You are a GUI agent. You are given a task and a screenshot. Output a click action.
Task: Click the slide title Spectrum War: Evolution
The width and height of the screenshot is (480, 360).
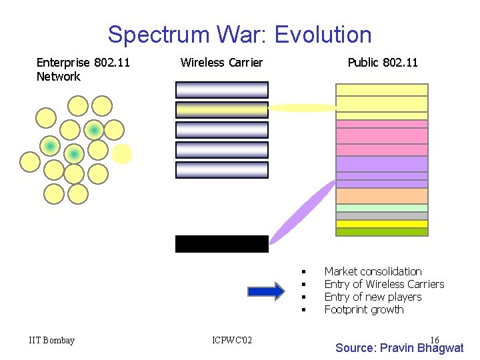point(239,34)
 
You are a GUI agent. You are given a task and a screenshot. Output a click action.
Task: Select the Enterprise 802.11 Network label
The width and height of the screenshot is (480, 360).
point(83,69)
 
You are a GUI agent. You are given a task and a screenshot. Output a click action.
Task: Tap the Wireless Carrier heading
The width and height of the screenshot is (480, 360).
point(221,63)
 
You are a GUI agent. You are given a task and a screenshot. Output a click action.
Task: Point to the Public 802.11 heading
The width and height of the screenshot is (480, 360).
point(383,63)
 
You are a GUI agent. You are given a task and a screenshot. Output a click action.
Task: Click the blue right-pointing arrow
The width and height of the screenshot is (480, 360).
point(265,291)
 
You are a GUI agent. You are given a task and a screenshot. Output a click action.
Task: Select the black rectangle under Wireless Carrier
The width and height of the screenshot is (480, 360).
point(221,244)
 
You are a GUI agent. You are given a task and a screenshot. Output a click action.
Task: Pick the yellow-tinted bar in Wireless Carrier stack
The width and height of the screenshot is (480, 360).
point(221,110)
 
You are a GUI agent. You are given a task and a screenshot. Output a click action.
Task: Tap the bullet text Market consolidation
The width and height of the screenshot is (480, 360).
point(373,271)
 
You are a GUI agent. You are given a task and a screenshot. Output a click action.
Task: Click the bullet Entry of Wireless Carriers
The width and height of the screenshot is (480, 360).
point(384,284)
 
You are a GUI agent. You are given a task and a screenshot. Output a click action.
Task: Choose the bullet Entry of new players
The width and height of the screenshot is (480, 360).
point(373,297)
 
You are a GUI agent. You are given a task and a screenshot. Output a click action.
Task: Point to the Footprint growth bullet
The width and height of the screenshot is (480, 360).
point(364,309)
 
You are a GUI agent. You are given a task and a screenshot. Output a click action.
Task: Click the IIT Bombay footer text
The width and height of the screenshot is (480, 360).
point(52,341)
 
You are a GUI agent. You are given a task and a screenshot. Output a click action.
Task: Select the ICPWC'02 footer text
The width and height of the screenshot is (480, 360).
point(232,341)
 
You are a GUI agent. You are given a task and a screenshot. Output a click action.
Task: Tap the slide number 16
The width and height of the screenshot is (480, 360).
point(435,340)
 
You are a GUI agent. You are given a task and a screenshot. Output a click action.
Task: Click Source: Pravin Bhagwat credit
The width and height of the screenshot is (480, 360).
point(399,348)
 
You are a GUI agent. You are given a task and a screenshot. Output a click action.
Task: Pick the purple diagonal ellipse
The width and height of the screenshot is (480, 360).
point(302,212)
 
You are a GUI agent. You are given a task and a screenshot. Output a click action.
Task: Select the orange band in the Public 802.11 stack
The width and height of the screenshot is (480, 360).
point(381,196)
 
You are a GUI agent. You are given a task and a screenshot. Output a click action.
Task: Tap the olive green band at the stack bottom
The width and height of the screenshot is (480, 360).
point(381,232)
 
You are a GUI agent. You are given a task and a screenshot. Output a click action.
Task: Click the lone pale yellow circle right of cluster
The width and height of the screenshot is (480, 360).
point(122,154)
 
